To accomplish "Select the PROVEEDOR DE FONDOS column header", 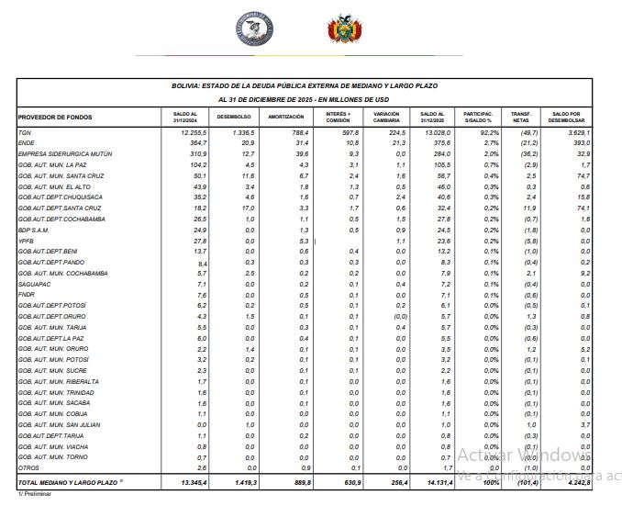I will tap(54, 117).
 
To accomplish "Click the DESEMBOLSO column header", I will tap(235, 117).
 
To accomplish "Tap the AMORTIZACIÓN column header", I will tap(285, 117).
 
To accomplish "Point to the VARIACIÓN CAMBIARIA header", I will tap(386, 117).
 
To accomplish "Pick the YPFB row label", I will tap(28, 241).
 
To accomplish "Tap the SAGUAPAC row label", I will tap(35, 284).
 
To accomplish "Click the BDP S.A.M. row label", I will tap(37, 231).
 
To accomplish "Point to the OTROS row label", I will tap(30, 467).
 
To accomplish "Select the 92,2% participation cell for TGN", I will tap(485, 134).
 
